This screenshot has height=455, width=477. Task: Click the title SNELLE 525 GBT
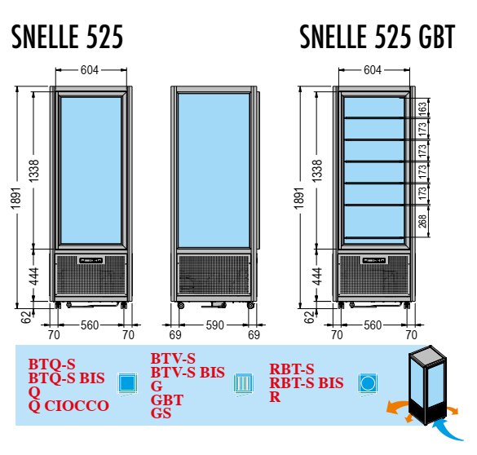point(378,37)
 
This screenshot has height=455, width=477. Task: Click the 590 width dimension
point(214,325)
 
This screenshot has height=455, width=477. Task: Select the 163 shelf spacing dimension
point(423,108)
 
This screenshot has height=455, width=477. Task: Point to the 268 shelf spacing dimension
point(422,221)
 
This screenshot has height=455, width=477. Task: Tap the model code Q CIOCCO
point(68,406)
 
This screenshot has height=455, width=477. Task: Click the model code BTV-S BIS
point(188,373)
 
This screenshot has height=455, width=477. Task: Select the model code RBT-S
point(292,369)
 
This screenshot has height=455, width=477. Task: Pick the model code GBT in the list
point(167,400)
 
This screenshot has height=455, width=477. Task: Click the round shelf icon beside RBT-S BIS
point(368,384)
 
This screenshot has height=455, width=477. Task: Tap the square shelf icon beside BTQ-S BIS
point(127,384)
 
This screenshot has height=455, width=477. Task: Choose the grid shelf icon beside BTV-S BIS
point(243,384)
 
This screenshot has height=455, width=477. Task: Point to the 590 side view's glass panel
point(214,170)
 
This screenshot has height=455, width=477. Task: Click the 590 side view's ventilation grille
point(214,275)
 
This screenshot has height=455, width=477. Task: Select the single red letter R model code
point(275,397)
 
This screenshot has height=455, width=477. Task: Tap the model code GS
point(161,413)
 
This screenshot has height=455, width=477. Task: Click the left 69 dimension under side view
point(175,335)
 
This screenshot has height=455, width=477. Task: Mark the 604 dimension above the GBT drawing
point(373,70)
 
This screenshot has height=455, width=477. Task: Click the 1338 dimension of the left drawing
point(34,170)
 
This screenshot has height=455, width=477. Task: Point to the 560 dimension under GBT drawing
point(373,325)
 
